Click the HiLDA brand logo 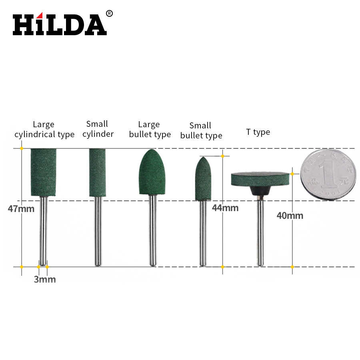pyautogui.click(x=60, y=25)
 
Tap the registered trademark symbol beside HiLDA pyautogui.click(x=109, y=14)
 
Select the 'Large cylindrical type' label pyautogui.click(x=44, y=130)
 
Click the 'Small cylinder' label pyautogui.click(x=98, y=129)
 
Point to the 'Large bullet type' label pyautogui.click(x=150, y=130)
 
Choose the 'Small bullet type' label pyautogui.click(x=201, y=131)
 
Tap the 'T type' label pyautogui.click(x=258, y=132)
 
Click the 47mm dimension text pyautogui.click(x=21, y=208)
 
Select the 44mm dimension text pyautogui.click(x=225, y=208)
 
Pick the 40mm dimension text pyautogui.click(x=290, y=216)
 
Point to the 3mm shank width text pyautogui.click(x=44, y=280)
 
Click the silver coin pyautogui.click(x=328, y=174)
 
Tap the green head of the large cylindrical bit pyautogui.click(x=43, y=172)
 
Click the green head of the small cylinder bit pyautogui.click(x=98, y=172)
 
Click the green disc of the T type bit pyautogui.click(x=260, y=179)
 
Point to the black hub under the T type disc pyautogui.click(x=260, y=191)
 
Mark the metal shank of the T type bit pyautogui.click(x=260, y=232)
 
